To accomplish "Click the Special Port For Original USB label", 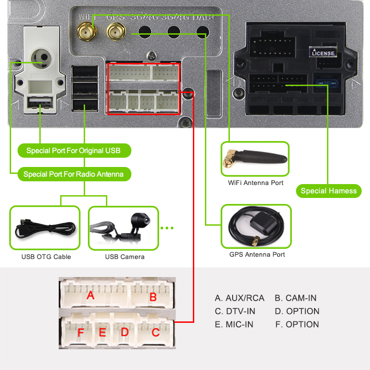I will pyautogui.click(x=74, y=151).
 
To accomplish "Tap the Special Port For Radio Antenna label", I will pyautogui.click(x=74, y=174).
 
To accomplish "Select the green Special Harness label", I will pyautogui.click(x=328, y=191).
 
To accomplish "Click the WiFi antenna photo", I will pyautogui.click(x=255, y=159).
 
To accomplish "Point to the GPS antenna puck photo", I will pyautogui.click(x=256, y=227).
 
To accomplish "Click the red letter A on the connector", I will pyautogui.click(x=91, y=295).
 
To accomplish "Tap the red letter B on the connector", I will pyautogui.click(x=153, y=296).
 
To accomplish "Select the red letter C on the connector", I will pyautogui.click(x=156, y=332).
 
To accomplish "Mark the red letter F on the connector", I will pyautogui.click(x=81, y=333).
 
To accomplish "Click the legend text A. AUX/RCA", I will pyautogui.click(x=240, y=298).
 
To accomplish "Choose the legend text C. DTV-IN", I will pyautogui.click(x=235, y=311).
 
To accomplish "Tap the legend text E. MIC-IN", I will pyautogui.click(x=234, y=324).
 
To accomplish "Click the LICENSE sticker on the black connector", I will pyautogui.click(x=323, y=53).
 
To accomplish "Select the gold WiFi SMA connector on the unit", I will pyautogui.click(x=86, y=31).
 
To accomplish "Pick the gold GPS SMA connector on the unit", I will pyautogui.click(x=114, y=32).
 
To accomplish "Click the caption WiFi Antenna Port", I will pyautogui.click(x=256, y=183).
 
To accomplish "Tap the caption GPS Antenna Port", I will pyautogui.click(x=257, y=254).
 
